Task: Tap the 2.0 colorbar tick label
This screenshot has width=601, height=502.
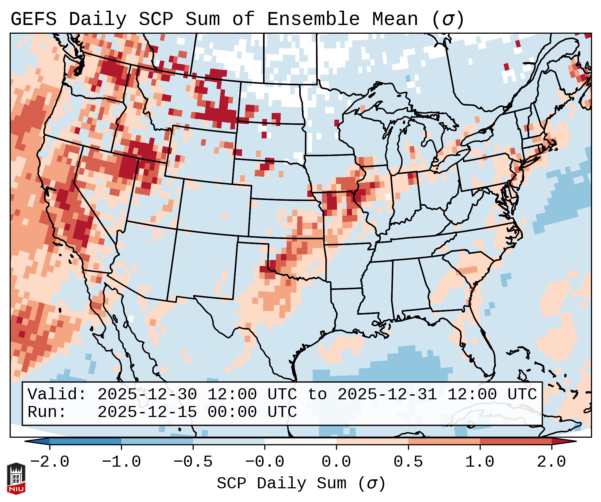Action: coord(551,462)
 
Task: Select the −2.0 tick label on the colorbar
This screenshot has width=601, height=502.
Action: coord(50,462)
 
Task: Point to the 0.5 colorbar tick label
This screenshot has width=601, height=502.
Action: coord(408,462)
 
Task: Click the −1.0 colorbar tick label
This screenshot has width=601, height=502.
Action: coord(121,462)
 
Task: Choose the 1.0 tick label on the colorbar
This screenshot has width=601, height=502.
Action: coord(480,462)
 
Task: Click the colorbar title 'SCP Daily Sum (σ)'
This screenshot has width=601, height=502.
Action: coord(301,483)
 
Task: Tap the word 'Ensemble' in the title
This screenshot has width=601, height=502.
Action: coord(313,19)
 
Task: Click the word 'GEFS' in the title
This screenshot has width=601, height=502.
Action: coord(34,19)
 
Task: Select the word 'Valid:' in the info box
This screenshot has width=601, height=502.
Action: coord(57,394)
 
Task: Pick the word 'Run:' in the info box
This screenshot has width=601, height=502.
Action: coord(47,412)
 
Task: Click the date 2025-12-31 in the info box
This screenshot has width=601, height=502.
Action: coord(387,394)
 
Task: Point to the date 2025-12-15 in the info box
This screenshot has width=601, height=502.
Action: coord(147,412)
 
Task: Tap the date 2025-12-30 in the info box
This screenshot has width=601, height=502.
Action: coord(147,394)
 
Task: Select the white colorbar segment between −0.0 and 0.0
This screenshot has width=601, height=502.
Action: coord(300,441)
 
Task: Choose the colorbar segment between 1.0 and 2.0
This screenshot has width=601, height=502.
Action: coord(515,441)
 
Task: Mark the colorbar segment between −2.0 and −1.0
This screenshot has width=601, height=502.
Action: coord(85,441)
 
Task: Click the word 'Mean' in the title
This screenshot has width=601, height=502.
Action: coord(395,19)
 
